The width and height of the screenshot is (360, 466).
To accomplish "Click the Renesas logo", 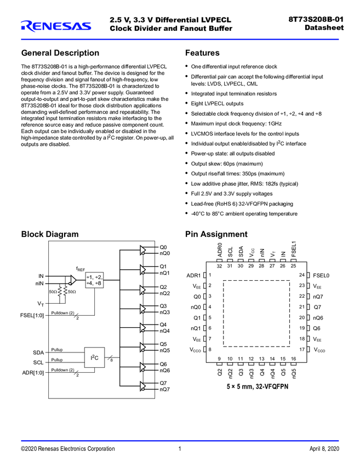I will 55,25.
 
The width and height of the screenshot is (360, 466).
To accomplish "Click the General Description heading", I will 60,53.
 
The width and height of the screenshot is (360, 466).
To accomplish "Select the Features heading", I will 202,53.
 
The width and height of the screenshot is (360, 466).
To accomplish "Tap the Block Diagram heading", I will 50,234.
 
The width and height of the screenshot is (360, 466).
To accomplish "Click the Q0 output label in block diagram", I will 163,247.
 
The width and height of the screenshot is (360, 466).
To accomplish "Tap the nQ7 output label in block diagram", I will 165,389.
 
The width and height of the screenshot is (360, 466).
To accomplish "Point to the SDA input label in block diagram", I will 38,353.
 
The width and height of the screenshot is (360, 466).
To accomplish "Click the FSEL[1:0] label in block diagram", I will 33,315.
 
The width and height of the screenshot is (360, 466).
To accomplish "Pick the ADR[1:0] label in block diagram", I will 33,372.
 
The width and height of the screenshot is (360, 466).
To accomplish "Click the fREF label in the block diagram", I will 81,269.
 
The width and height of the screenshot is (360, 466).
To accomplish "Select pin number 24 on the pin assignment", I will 301,275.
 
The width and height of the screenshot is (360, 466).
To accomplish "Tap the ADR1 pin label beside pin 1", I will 193,275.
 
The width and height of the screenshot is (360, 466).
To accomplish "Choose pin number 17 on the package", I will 301,349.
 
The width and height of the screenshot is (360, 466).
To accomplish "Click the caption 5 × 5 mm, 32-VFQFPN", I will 257,386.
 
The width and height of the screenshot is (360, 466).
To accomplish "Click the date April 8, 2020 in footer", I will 324,448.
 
